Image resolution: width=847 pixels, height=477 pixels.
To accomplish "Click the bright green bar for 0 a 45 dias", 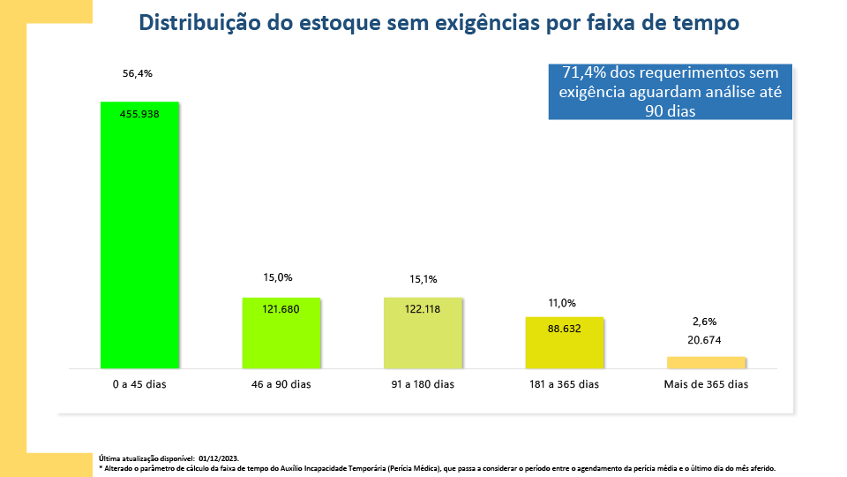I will pyautogui.click(x=139, y=238).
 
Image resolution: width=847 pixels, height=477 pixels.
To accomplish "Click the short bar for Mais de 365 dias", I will pyautogui.click(x=706, y=362).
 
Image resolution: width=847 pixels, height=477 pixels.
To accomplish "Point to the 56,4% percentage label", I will pyautogui.click(x=138, y=74).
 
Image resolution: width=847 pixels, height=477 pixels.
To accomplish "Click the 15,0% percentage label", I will pyautogui.click(x=278, y=277).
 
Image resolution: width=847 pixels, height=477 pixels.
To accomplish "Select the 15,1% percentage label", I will pyautogui.click(x=422, y=280).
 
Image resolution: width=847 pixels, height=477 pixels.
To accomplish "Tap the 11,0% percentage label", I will pyautogui.click(x=562, y=303).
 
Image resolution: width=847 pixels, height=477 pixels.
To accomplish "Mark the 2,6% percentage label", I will pyautogui.click(x=705, y=322).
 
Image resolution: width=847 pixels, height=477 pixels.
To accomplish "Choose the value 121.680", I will pyautogui.click(x=281, y=309).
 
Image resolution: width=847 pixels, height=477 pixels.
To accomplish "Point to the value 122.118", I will pyautogui.click(x=422, y=309).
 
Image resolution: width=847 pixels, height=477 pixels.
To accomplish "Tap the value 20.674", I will pyautogui.click(x=705, y=339).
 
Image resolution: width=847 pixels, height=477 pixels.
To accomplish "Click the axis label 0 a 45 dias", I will pyautogui.click(x=139, y=384).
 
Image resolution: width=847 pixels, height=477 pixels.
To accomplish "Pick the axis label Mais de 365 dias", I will pyautogui.click(x=706, y=384).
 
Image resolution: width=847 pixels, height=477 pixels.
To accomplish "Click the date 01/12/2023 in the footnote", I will pyautogui.click(x=219, y=458).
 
